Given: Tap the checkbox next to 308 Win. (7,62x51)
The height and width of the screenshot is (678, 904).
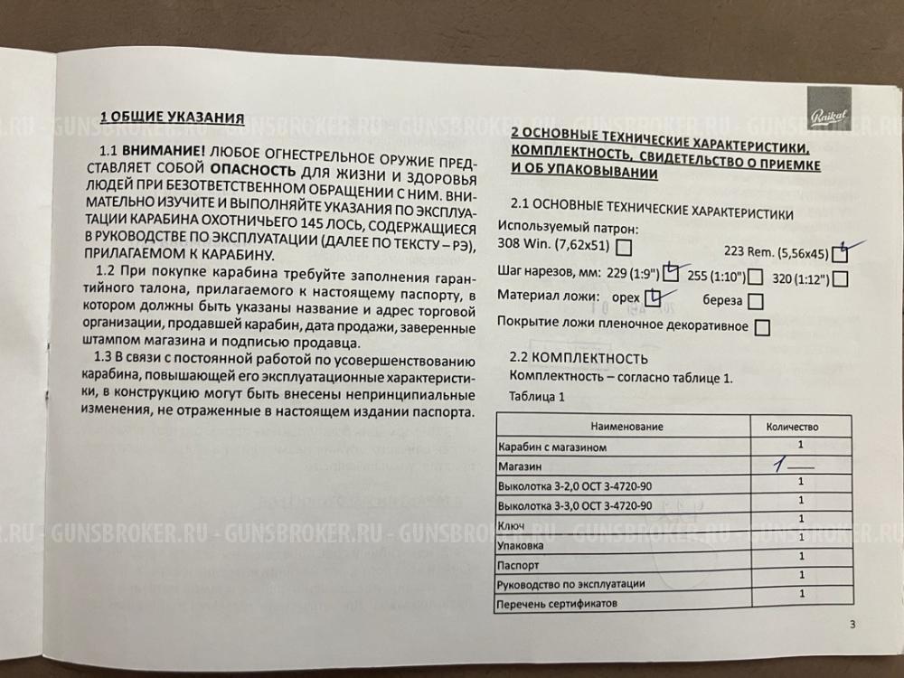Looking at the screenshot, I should pos(623,246).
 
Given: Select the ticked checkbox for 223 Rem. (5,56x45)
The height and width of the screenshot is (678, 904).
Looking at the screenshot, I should pos(840,255).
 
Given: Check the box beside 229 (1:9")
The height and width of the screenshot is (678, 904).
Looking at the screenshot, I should pos(671,272).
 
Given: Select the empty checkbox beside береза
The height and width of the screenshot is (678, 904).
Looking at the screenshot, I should pos(756,302).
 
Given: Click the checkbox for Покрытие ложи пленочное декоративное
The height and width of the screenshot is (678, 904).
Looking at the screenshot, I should pos(761,327).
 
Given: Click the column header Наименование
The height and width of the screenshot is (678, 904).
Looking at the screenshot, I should pos(627,426).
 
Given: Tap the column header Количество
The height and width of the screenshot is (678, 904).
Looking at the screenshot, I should pos(792,426).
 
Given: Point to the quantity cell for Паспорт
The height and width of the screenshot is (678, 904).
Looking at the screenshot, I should pos(801,560).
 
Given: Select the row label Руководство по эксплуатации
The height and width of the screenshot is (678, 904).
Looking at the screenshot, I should pos(571,583).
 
